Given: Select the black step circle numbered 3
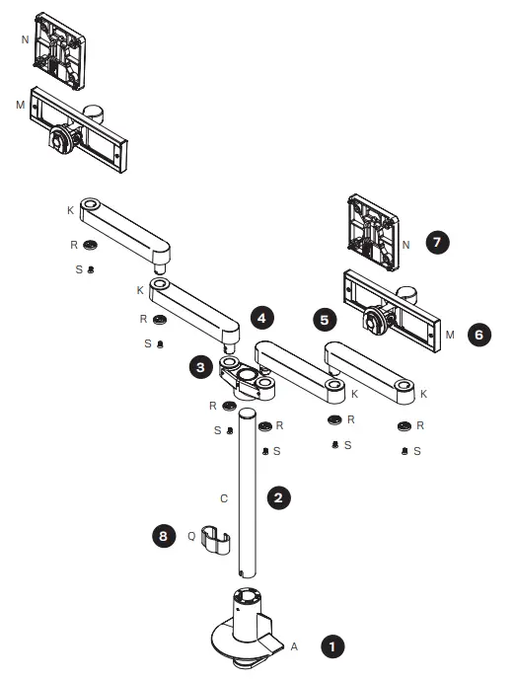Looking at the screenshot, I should (200, 366).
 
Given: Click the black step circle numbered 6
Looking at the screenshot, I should (478, 335).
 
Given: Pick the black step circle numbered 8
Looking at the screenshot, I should (163, 537).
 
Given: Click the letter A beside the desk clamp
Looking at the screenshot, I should (293, 645).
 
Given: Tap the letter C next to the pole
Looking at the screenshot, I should (223, 498).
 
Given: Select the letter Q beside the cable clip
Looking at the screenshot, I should (190, 537).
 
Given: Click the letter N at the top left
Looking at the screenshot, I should (25, 40).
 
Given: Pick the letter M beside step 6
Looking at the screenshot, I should (449, 336).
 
